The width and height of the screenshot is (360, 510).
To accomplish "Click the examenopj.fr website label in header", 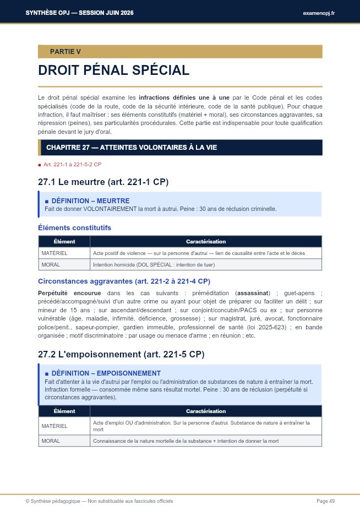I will [x=319, y=13].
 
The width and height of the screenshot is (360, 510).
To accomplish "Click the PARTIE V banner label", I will [x=65, y=52].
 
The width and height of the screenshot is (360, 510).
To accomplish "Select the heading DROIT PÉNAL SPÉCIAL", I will [x=113, y=70].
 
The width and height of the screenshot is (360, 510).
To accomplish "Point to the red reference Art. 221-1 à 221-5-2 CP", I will [x=72, y=165].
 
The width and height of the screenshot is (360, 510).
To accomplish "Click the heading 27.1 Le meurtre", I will [x=103, y=182].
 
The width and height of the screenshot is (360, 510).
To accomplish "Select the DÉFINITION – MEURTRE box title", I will [x=90, y=201].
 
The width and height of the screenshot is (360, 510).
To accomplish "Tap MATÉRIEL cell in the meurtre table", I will [x=54, y=253].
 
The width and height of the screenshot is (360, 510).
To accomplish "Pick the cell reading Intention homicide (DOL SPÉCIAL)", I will [x=154, y=264].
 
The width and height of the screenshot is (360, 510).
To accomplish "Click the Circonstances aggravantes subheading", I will [x=124, y=281].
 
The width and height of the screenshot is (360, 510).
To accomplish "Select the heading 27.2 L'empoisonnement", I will [x=121, y=354].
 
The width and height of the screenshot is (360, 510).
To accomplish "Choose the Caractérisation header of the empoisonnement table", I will [x=205, y=411].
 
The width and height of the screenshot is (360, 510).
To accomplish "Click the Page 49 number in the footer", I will [x=325, y=501].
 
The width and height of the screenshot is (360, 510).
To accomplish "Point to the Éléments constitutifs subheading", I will [x=74, y=227].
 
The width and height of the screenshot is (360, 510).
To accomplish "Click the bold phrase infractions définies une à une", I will [x=184, y=97].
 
